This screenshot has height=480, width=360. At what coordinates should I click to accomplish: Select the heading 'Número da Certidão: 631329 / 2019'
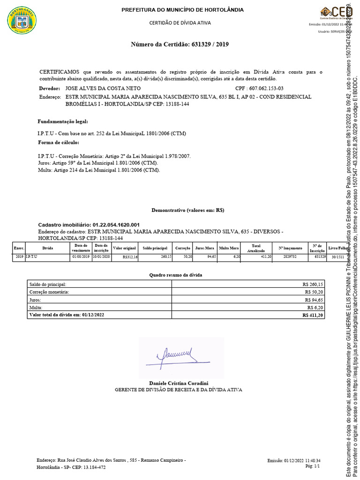click(x=180, y=45)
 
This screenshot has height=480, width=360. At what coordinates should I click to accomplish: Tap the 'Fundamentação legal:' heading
click(x=62, y=121)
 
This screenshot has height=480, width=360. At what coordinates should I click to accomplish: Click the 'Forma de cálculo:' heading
click(x=58, y=142)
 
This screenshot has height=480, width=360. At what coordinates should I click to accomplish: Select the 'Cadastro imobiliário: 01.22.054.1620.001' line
click(x=89, y=225)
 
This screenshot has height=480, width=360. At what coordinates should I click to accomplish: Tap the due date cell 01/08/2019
click(x=80, y=257)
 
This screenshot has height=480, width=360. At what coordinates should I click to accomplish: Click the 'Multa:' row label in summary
click(x=35, y=307)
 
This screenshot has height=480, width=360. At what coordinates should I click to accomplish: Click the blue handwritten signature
click(x=171, y=356)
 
